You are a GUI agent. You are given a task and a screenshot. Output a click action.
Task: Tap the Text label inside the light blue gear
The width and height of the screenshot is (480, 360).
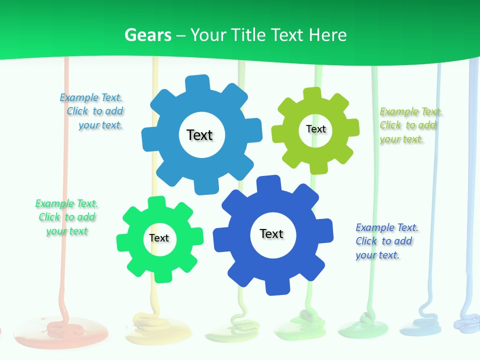click(199, 135)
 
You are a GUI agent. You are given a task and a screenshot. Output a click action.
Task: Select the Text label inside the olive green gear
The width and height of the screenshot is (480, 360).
click(315, 129)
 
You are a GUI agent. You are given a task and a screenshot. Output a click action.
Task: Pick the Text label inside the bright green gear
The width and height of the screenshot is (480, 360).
click(159, 238)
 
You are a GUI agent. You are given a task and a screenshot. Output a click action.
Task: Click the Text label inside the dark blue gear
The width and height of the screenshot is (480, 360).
click(271, 233)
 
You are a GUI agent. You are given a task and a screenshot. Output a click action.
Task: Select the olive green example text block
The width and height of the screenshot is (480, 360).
click(410, 125)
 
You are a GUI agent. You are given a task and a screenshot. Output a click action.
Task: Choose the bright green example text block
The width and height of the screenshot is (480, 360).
click(66, 217)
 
